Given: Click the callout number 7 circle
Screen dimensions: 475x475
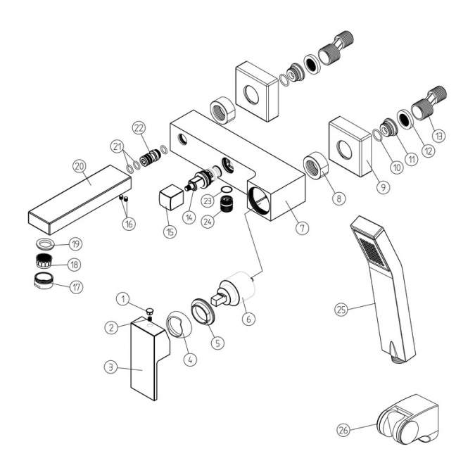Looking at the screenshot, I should click(302, 228).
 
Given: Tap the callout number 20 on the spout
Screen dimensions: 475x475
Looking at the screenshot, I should click(80, 166).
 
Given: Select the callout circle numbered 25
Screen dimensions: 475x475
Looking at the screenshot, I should click(341, 308).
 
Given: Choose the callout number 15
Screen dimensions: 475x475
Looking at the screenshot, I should click(168, 232).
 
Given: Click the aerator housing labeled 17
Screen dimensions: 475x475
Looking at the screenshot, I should click(44, 284).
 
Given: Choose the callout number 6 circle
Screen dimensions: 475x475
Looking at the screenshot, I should click(248, 317).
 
